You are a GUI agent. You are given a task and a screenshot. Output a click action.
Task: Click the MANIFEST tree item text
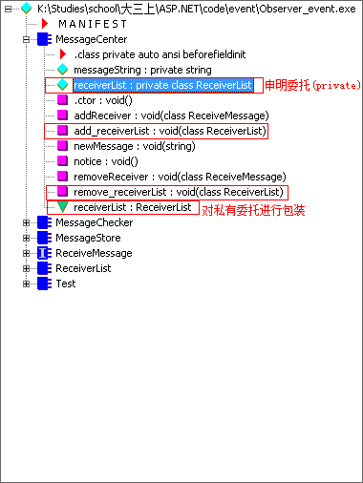coord(93,24)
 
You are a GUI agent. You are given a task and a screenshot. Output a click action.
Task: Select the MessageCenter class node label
coord(91,39)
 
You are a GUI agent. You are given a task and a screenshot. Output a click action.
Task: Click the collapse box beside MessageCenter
coord(26,39)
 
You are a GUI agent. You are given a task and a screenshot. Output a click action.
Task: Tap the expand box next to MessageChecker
coord(26,222)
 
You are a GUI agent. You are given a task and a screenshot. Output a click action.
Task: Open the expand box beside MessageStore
coord(26,238)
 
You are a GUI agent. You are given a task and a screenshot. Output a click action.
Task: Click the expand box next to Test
coord(26,283)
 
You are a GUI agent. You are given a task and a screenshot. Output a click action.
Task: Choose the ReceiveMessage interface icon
coord(44,253)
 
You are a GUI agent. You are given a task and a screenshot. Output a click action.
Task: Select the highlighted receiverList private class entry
coord(163,85)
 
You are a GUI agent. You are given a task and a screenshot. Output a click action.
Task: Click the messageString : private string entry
coord(142,70)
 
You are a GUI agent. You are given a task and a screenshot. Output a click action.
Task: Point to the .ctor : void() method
coord(103,100)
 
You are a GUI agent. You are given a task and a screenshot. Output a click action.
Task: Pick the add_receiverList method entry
coord(170,131)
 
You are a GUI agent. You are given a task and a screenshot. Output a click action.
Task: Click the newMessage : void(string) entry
coord(135,146)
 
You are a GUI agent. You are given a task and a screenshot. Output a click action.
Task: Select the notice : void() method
coord(106,161)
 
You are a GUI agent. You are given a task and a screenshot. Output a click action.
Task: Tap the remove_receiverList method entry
coord(179,192)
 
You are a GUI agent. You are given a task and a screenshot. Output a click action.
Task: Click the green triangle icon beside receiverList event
coord(62,207)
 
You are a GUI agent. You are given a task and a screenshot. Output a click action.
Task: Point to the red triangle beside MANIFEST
coord(45,24)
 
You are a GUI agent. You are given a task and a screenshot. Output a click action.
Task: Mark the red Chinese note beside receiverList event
coord(253,210)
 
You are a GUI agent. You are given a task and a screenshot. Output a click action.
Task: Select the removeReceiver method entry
coord(180,177)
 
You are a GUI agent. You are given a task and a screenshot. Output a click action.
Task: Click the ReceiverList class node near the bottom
coord(83,268)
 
